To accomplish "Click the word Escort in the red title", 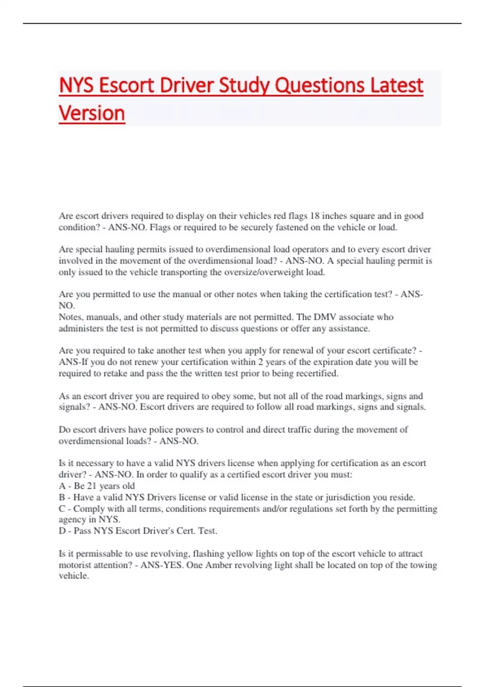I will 127,86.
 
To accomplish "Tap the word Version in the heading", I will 92,113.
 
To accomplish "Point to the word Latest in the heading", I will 396,86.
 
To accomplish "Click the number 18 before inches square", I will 315,216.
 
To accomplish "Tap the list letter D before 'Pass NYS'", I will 62,531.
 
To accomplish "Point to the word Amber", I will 218,565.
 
